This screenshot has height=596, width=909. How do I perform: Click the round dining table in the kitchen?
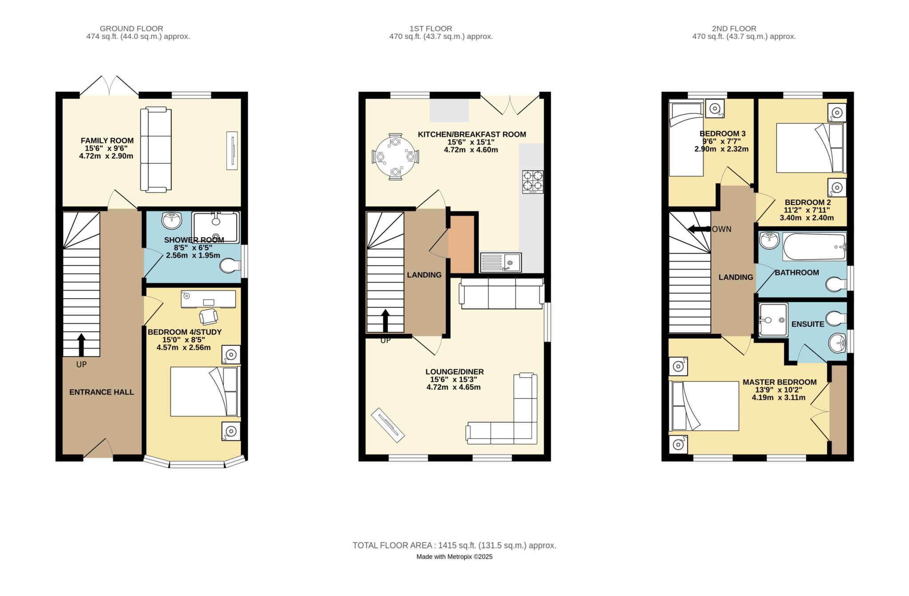coord(395,157)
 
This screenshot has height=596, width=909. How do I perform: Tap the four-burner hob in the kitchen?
coord(533,182)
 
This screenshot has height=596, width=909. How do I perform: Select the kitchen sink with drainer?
coord(501,263)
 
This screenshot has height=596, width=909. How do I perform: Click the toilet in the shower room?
coord(230,266)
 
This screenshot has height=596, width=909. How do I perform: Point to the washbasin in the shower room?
coord(172,220)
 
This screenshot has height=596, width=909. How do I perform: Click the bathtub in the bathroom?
coord(814,247)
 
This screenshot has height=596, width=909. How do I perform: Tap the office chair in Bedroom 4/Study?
coord(209,316)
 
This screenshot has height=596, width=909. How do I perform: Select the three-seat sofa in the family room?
coord(156,150)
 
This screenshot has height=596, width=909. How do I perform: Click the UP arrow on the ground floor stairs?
coord(81,345)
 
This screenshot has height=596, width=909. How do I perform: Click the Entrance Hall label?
coord(102,392)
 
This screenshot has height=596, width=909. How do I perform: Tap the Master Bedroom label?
coord(779,382)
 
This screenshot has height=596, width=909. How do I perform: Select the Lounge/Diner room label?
coord(454,372)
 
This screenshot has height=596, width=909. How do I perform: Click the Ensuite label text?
coord(808,324)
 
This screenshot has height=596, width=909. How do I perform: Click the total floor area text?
coord(454,545)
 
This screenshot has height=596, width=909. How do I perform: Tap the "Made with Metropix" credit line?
coord(454,557)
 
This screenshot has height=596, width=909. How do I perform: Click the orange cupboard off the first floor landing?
coord(462,244)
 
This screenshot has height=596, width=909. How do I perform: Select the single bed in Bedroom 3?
coord(686,139)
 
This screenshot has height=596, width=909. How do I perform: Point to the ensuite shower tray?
coord(773,320)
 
